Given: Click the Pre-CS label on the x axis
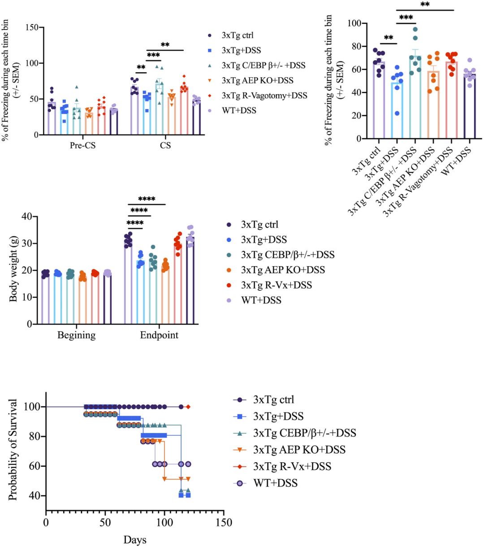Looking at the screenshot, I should click(x=83, y=146).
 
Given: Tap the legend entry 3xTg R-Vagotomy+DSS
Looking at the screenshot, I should click(x=264, y=96).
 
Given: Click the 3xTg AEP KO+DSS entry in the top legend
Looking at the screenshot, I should click(x=257, y=81).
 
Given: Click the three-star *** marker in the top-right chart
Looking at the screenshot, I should click(x=406, y=18).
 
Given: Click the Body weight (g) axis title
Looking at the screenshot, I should click(x=13, y=270).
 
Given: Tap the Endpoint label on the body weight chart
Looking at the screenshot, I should click(x=159, y=335).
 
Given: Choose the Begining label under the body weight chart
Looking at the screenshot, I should click(x=76, y=335).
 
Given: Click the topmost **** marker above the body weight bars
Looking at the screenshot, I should click(x=147, y=200).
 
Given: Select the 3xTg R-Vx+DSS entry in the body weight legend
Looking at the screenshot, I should click(x=276, y=285).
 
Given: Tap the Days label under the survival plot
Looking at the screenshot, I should click(x=135, y=540).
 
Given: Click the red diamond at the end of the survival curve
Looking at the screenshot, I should click(x=188, y=407).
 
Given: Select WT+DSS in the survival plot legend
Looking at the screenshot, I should click(x=275, y=483).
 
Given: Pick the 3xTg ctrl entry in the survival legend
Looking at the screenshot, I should click(x=273, y=400).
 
